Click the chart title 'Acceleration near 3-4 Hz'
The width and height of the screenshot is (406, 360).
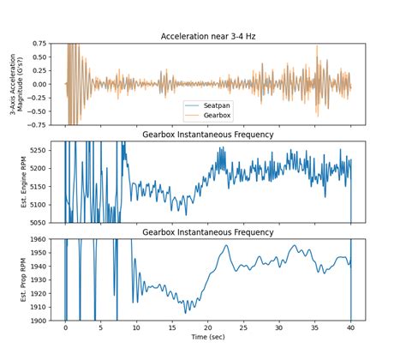(209, 36)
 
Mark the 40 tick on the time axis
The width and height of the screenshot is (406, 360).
(351, 328)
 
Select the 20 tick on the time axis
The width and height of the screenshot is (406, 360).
(208, 328)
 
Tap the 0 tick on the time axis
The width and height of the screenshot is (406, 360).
(65, 328)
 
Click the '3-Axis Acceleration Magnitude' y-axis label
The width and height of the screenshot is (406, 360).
(14, 84)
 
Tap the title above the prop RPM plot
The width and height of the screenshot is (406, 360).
(209, 232)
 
